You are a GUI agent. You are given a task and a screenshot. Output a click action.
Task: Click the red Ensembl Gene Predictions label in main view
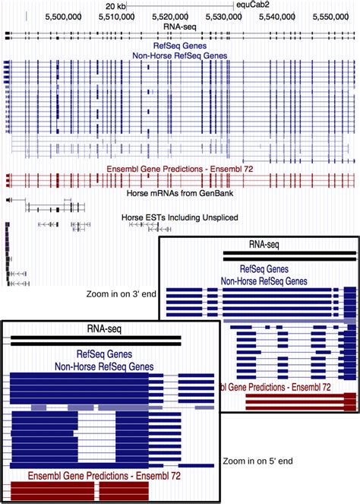tap(180, 168)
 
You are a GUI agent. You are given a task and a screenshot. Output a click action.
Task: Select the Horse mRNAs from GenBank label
tap(180, 194)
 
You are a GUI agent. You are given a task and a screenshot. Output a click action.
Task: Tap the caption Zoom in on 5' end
tap(258, 461)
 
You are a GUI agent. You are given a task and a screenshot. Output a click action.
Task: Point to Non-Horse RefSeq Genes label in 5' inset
tap(103, 366)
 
